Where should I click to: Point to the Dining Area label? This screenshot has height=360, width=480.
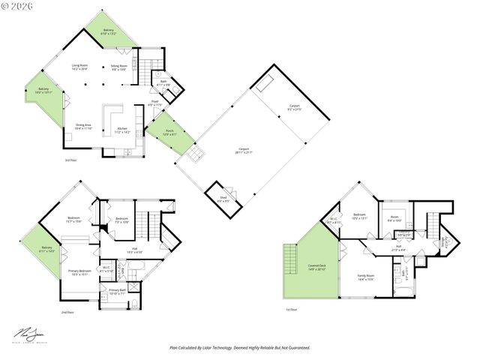[83, 127]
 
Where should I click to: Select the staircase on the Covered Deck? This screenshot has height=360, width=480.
[290, 261]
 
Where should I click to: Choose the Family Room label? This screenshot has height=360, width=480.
[365, 277]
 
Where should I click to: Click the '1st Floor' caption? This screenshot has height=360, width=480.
[290, 309]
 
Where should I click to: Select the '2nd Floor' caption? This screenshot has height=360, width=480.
[67, 311]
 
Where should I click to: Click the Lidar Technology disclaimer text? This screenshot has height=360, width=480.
[239, 347]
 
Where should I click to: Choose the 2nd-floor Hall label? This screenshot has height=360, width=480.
[134, 250]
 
